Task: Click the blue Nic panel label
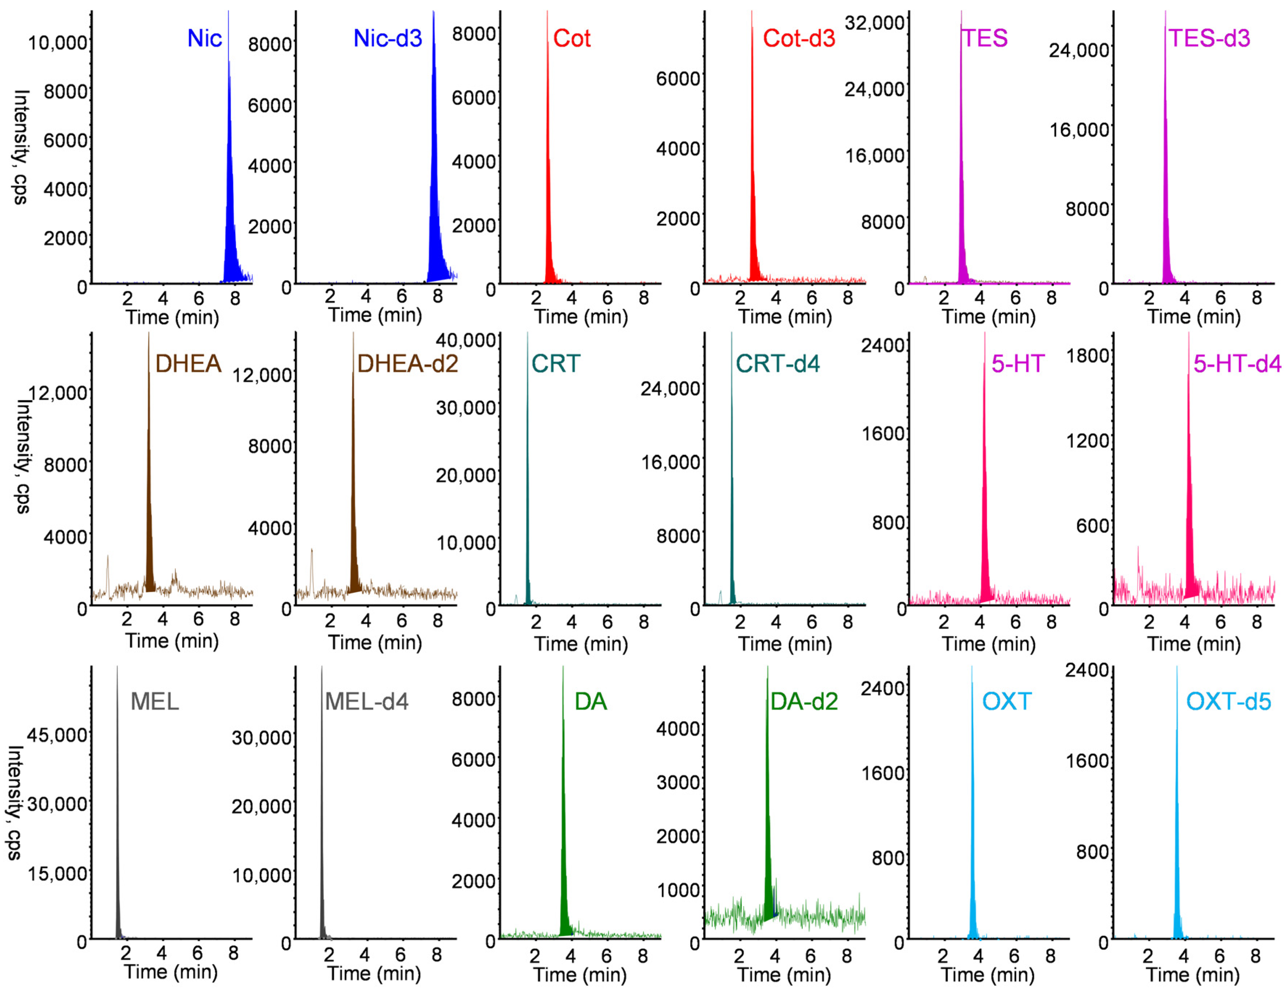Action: [204, 39]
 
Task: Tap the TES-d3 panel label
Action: [1209, 39]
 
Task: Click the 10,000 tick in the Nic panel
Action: [58, 43]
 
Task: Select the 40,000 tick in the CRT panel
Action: [466, 340]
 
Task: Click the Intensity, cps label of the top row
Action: [21, 147]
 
